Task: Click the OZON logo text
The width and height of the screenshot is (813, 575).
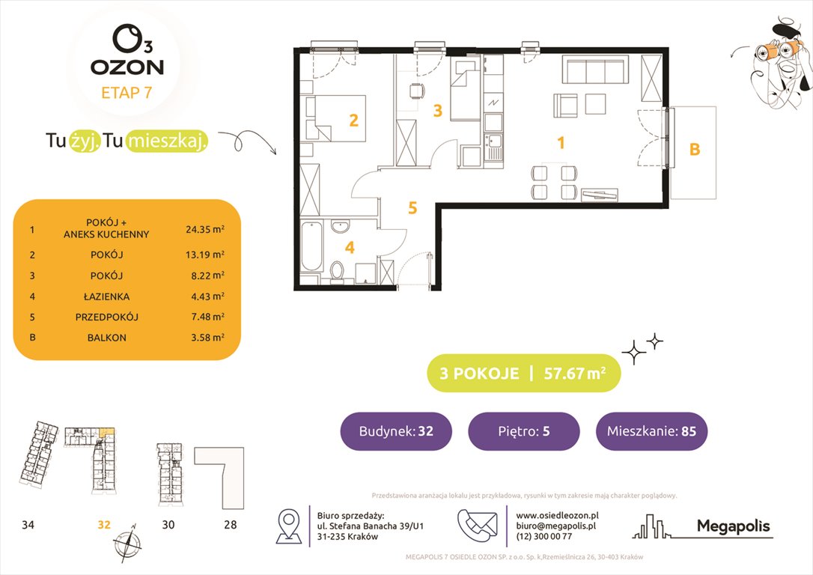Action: (x=127, y=67)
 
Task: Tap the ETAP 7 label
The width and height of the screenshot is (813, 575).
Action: (x=127, y=94)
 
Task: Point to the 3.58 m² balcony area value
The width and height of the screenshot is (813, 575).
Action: (x=205, y=338)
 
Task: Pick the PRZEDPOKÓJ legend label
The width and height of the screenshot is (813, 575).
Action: (x=106, y=316)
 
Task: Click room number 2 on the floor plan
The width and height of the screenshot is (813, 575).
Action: (x=353, y=119)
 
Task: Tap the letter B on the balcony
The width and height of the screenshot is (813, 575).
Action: (x=694, y=150)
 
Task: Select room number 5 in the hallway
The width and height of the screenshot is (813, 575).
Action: (x=412, y=208)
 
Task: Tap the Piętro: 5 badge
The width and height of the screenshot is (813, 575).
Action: (x=524, y=431)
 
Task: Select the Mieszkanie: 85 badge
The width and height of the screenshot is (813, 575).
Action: (x=651, y=431)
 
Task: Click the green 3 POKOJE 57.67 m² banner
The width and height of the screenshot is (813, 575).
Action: (x=523, y=374)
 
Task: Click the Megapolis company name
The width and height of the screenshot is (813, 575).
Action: (x=733, y=526)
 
